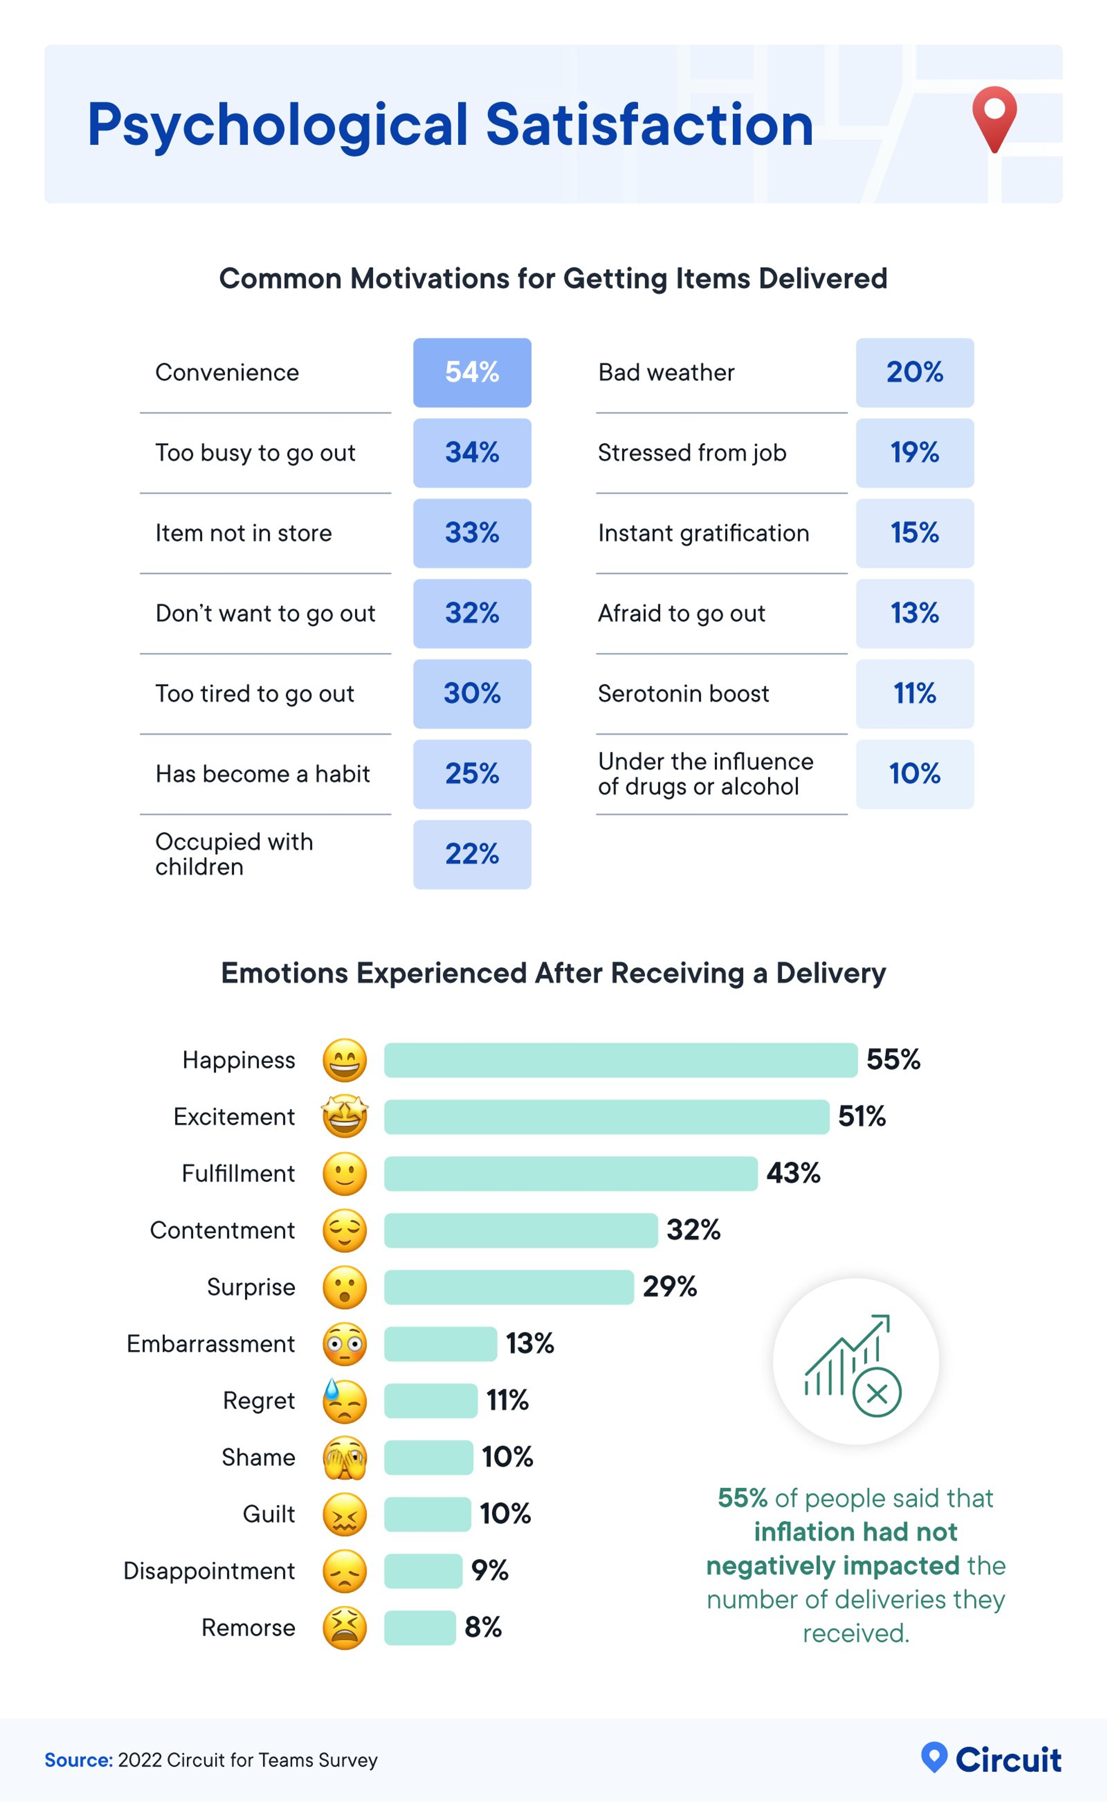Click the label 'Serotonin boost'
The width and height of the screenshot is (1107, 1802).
[683, 694]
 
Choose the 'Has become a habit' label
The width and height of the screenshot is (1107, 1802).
[262, 774]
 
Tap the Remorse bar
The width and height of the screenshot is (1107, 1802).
[419, 1628]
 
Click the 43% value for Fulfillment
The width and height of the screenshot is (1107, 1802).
[793, 1173]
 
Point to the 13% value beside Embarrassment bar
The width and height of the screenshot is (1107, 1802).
[529, 1343]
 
